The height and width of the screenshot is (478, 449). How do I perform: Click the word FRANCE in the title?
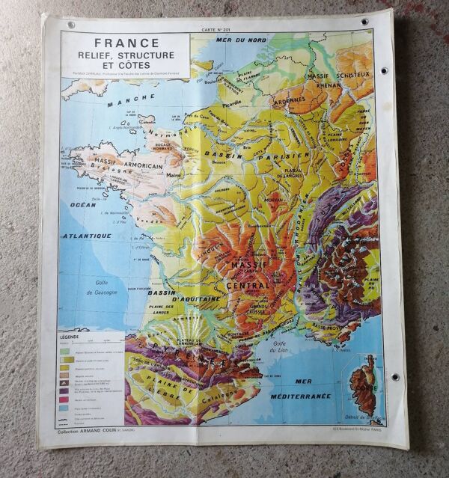[x=127, y=43]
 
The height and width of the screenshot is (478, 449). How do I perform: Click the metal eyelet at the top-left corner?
[x=72, y=25]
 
